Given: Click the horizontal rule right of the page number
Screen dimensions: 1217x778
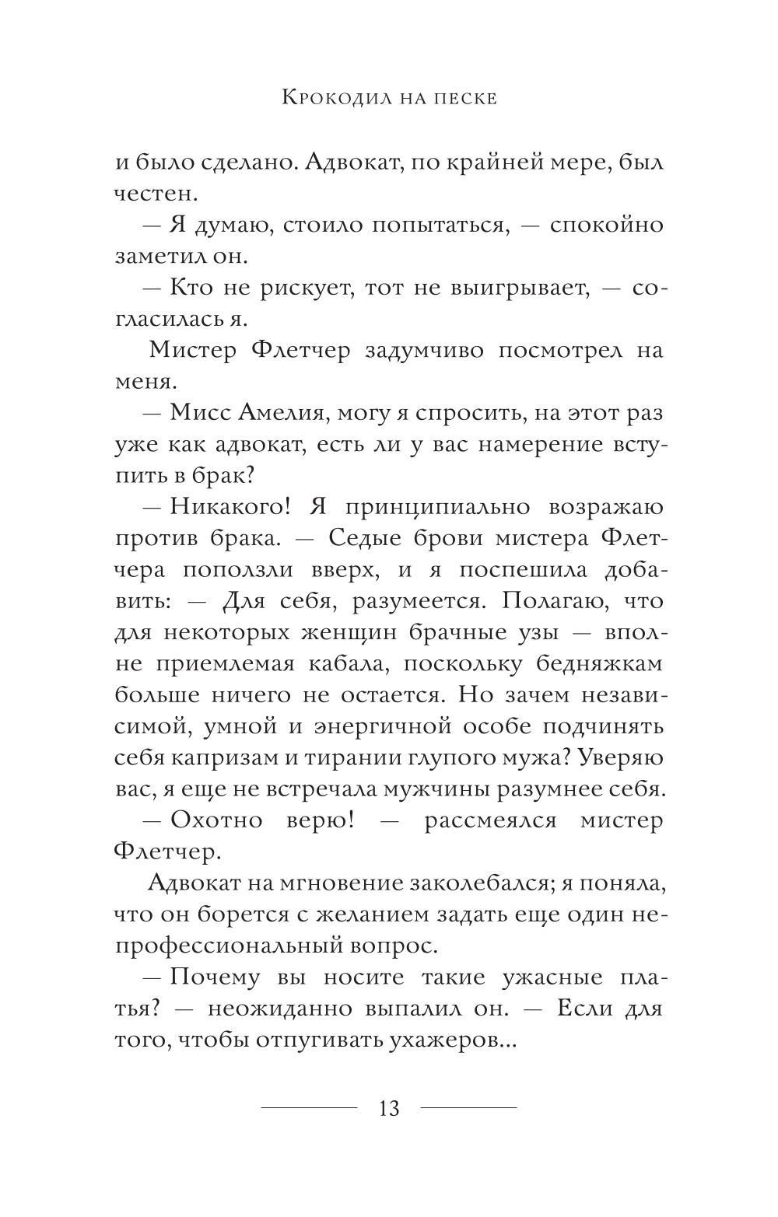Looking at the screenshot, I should (x=469, y=1107).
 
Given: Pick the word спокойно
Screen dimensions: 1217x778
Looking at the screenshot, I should (x=607, y=225).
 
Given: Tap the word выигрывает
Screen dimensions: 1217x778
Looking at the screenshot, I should (x=517, y=289).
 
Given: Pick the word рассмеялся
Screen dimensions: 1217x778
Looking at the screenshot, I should (x=490, y=820).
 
